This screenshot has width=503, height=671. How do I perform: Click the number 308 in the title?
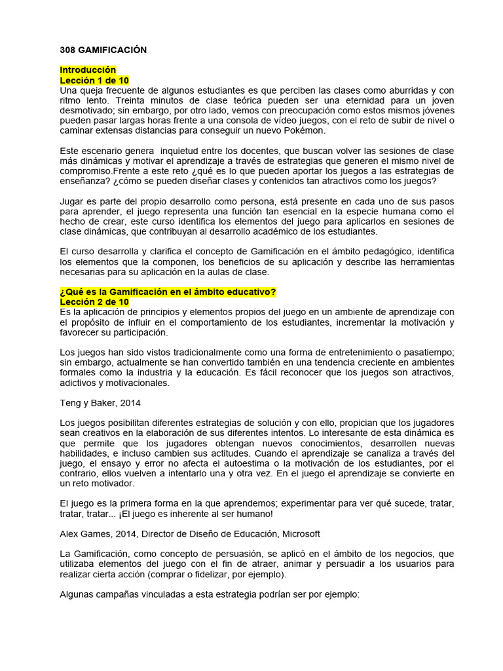pyautogui.click(x=68, y=50)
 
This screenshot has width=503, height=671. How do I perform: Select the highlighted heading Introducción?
pyautogui.click(x=88, y=69)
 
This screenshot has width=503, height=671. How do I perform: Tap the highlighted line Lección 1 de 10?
pyautogui.click(x=94, y=80)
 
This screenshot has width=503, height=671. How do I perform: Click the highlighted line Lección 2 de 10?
pyautogui.click(x=94, y=301)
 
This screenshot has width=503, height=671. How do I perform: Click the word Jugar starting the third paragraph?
pyautogui.click(x=72, y=201)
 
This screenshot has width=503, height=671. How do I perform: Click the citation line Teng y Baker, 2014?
pyautogui.click(x=100, y=403)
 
